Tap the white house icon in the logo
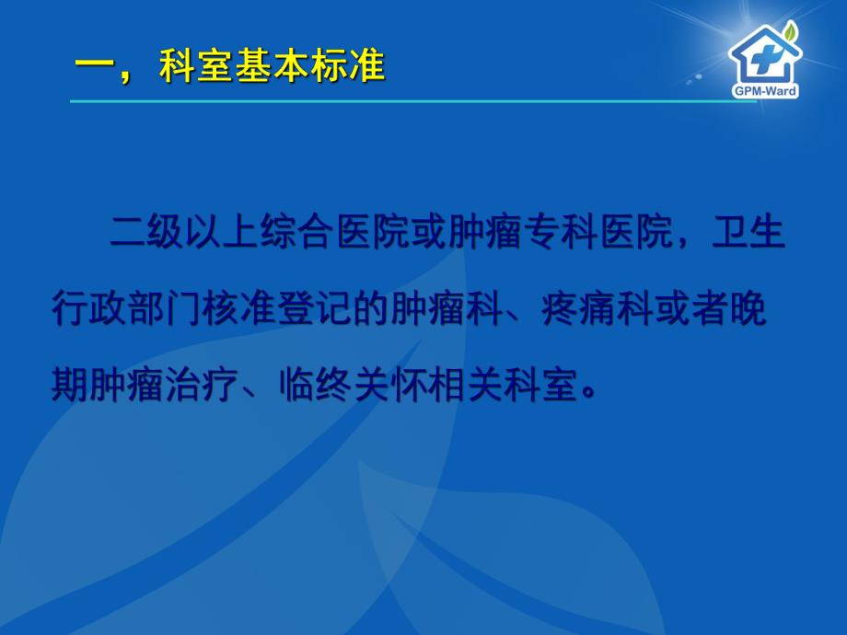point(762,55)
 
